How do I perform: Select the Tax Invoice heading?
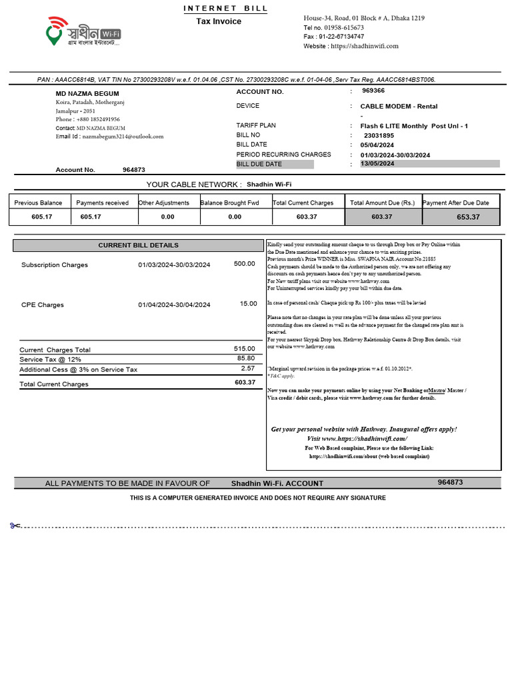click(219, 21)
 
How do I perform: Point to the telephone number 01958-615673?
click(343, 27)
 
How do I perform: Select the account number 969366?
click(373, 91)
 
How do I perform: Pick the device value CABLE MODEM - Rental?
click(399, 107)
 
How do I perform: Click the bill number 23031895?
click(379, 135)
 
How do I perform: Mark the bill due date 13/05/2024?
click(378, 163)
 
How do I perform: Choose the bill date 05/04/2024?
click(377, 145)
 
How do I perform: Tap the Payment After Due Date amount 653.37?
click(468, 217)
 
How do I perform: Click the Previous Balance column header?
click(38, 202)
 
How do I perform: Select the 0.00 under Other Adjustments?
click(167, 217)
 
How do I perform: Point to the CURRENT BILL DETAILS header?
click(139, 245)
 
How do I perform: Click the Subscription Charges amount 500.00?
click(244, 264)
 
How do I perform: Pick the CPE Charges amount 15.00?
click(248, 304)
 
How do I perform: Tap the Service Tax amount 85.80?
click(245, 358)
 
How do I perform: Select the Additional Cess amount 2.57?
click(247, 368)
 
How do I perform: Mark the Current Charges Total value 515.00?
click(244, 349)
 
